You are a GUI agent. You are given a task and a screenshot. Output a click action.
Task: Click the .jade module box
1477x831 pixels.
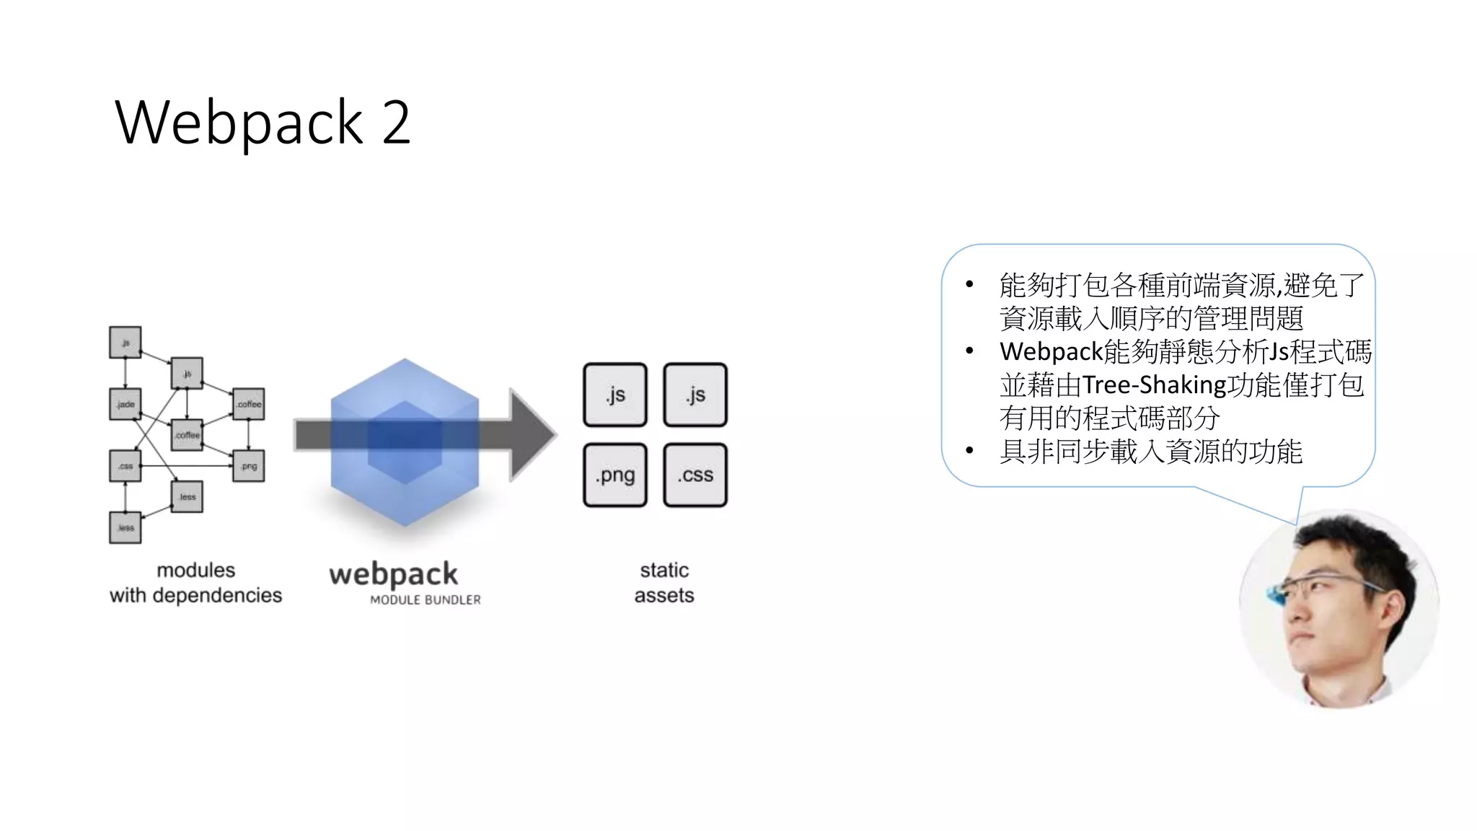coord(125,404)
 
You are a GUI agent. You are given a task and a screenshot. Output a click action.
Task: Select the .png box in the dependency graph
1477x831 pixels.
coord(249,466)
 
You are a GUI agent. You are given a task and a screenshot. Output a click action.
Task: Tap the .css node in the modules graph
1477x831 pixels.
coord(125,466)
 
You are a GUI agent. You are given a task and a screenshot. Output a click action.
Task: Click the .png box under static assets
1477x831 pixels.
coord(615,475)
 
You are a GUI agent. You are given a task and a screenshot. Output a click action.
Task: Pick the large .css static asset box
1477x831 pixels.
coord(695,475)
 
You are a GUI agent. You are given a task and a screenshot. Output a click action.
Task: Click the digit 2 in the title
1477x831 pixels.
coord(396,123)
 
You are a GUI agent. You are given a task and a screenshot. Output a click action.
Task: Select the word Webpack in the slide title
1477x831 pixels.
coord(239,123)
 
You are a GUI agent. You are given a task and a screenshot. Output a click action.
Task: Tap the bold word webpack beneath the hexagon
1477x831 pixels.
coord(393,574)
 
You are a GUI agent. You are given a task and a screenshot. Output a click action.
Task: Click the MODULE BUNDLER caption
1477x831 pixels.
coord(425,599)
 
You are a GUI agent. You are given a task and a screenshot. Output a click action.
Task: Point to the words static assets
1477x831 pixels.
coord(664,582)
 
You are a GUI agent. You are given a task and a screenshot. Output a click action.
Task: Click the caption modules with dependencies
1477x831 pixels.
coord(195,582)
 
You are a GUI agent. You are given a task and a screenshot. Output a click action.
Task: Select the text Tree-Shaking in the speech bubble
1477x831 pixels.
coord(1154,385)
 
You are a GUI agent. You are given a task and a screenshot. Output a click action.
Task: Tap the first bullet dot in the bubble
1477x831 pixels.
coord(969,285)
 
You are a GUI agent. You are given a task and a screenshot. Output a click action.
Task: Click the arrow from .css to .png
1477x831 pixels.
coord(188,466)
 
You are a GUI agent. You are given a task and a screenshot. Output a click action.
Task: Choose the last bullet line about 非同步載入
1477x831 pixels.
coord(1150,452)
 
